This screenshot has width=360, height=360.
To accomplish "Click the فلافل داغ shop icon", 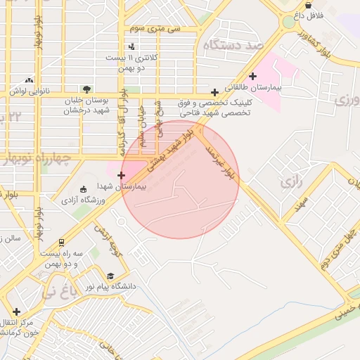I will pyautogui.click(x=308, y=5).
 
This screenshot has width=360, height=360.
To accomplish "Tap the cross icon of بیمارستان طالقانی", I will pyautogui.click(x=253, y=77).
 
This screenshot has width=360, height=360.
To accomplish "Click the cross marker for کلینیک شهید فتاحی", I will pyautogui.click(x=214, y=92).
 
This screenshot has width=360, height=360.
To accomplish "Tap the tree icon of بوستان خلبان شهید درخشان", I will pyautogui.click(x=86, y=89).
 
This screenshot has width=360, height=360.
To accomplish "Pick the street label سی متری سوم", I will pyautogui.click(x=155, y=28).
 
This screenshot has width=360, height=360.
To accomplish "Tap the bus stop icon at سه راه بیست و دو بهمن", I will pyautogui.click(x=61, y=242).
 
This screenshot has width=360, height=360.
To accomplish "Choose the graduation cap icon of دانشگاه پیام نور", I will pyautogui.click(x=110, y=276).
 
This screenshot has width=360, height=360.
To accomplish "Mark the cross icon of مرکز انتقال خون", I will pyautogui.click(x=16, y=311).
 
